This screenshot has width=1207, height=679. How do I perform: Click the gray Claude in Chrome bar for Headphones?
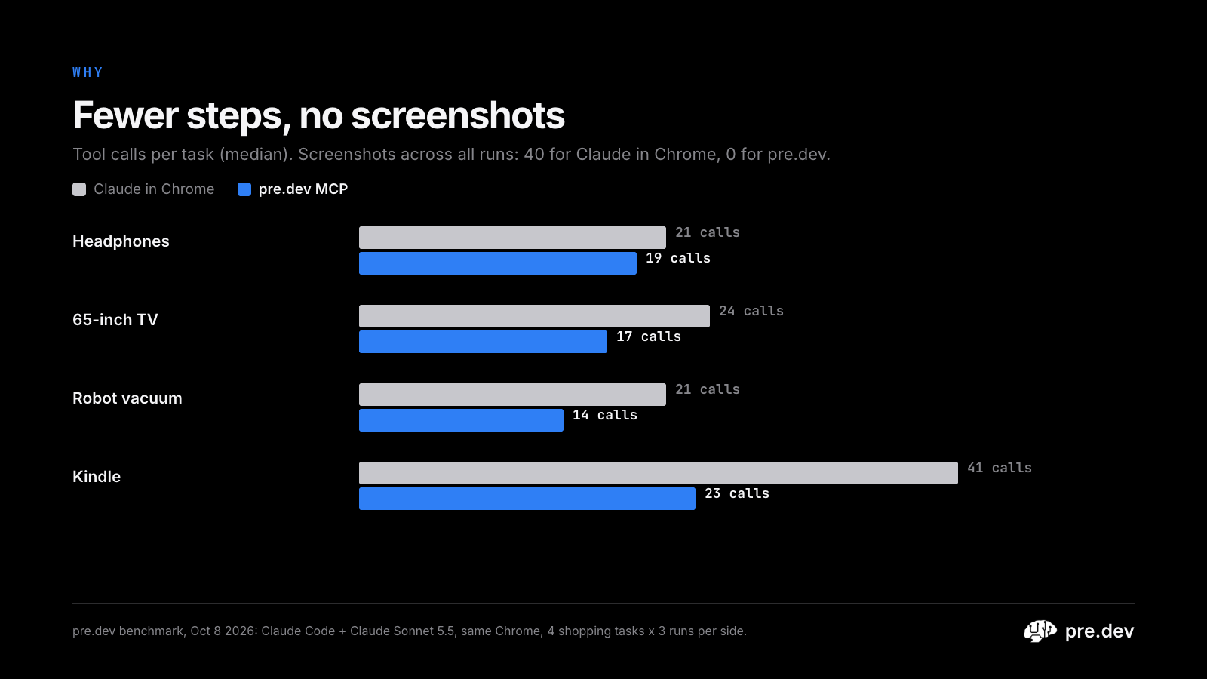point(512,238)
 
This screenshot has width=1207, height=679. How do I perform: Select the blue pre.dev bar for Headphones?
point(498,263)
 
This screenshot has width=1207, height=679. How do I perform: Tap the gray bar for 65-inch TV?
point(534,316)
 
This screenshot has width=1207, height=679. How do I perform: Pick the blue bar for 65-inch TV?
point(483,342)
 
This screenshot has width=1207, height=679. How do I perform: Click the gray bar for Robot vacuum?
point(512,395)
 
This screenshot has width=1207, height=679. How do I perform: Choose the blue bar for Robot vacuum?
point(461,420)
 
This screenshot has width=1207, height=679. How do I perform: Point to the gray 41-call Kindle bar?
point(659,472)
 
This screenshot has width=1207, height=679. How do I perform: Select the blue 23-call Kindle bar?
point(527,499)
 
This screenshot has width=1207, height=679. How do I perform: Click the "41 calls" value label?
point(1000,468)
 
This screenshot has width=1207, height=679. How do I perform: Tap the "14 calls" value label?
point(604,415)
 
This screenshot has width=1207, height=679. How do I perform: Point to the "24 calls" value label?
point(751,311)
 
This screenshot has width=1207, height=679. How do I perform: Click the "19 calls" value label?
point(678,258)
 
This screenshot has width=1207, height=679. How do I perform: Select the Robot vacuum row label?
point(127,398)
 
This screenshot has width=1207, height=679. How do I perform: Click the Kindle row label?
point(97,476)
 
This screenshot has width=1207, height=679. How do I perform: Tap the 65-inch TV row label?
point(115,320)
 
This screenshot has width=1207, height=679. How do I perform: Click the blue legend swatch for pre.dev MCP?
point(244,189)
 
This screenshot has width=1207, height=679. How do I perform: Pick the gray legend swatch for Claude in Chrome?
point(79,189)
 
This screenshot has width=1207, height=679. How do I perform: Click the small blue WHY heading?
point(88,72)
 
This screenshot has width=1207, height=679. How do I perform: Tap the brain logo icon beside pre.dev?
point(1040,631)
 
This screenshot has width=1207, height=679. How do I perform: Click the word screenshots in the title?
point(458,115)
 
